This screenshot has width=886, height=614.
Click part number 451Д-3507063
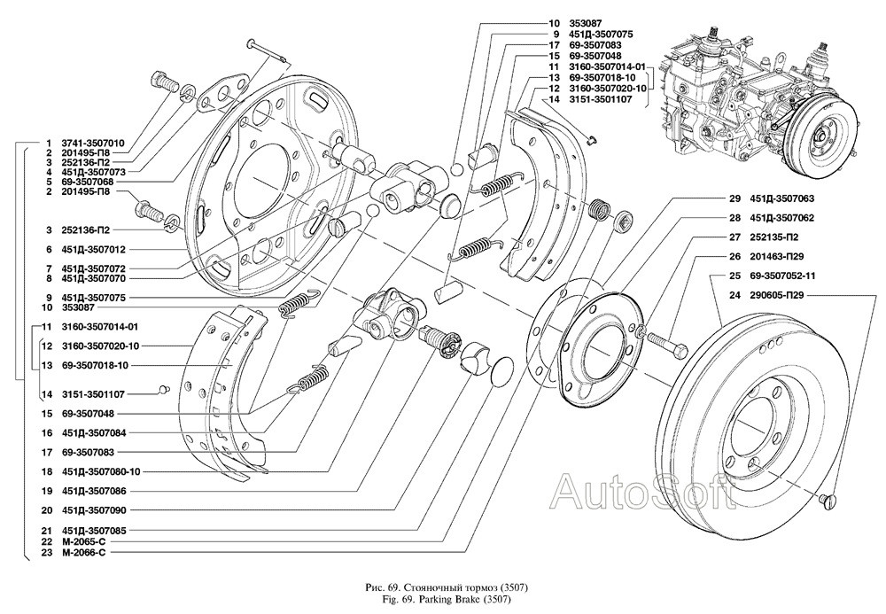point(783,198)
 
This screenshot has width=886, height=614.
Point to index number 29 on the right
point(734,198)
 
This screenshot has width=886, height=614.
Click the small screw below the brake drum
point(831,502)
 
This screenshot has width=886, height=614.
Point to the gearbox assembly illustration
point(758,102)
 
